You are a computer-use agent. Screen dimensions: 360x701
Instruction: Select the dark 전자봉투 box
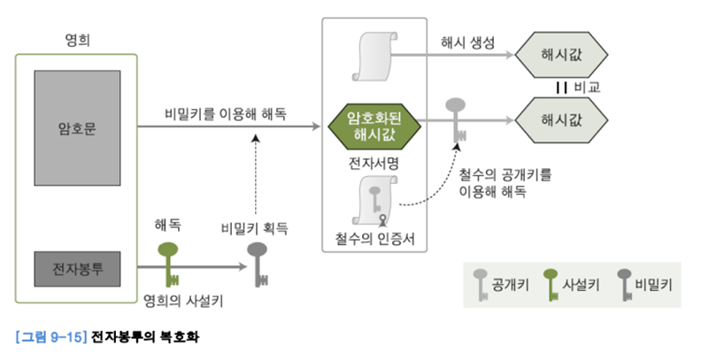pos(76,267)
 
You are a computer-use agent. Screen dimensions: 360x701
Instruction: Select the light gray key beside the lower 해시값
pos(458,117)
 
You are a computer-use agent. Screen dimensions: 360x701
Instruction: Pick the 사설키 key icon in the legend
pos(550,287)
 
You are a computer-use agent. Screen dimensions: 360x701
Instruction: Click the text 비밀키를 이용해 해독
pos(225,114)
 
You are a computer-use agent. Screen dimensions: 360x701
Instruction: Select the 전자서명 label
pos(373,165)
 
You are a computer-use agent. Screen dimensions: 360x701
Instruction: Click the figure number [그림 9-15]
pos(48,339)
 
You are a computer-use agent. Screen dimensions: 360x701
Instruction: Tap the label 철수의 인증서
pos(373,237)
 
